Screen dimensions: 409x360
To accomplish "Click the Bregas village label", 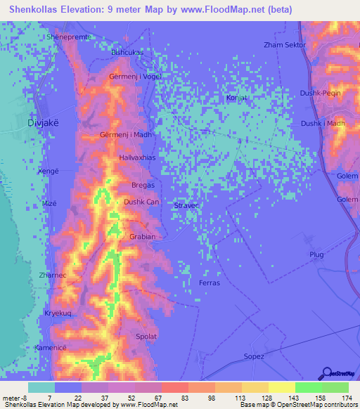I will [143, 185].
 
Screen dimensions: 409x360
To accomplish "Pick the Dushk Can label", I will [141, 202].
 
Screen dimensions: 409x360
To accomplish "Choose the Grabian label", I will [142, 237].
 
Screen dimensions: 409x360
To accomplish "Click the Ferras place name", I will [210, 283].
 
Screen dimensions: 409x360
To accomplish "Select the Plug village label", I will [316, 254].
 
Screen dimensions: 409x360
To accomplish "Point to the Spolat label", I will [146, 337].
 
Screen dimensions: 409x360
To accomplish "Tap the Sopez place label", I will [254, 356].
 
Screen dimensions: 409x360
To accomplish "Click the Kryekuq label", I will [59, 313].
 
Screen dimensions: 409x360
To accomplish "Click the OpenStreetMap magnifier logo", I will [328, 373].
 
